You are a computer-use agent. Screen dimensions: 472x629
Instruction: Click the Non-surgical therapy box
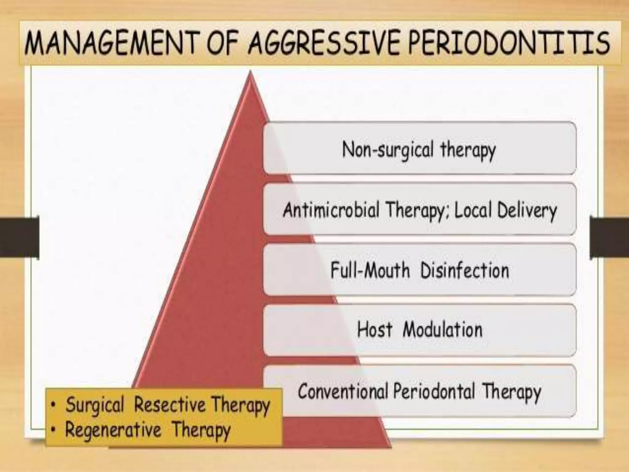click(x=419, y=148)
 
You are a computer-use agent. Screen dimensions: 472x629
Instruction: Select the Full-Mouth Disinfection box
click(x=419, y=270)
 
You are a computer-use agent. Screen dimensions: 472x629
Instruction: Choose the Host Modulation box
click(x=419, y=330)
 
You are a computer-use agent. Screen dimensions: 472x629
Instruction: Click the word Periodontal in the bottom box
click(x=435, y=391)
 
